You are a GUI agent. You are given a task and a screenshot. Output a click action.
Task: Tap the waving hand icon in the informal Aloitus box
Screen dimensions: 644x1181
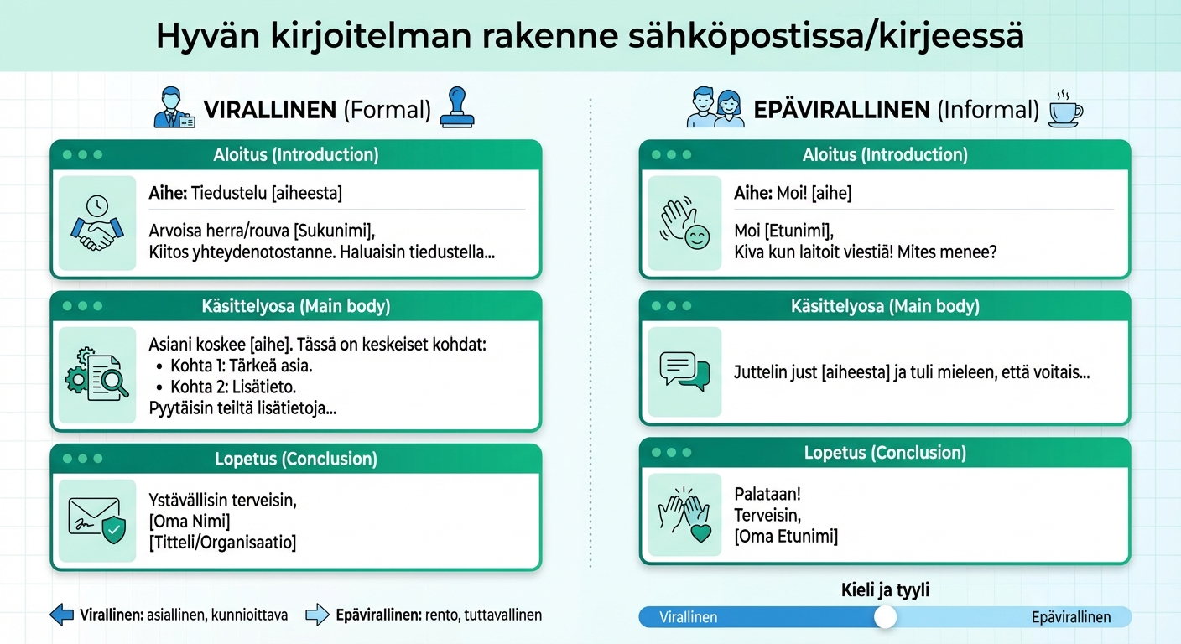[684, 223]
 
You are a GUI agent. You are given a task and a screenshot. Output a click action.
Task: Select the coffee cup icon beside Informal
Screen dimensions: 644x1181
[1065, 110]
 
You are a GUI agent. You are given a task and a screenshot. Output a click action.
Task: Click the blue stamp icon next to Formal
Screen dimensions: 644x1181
[457, 108]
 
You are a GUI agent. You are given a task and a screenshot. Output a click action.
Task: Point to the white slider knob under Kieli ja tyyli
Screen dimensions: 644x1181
[885, 617]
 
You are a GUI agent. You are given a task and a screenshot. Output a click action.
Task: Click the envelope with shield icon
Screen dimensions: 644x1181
[96, 520]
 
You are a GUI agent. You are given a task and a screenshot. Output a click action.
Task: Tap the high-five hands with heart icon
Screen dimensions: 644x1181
[684, 513]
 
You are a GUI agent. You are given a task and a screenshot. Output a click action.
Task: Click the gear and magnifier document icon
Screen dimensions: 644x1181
[96, 375]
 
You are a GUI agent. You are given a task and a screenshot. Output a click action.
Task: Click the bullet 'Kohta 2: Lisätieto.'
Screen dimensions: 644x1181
[233, 387]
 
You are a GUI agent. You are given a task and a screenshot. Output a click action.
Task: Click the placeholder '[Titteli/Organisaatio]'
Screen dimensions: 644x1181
[222, 543]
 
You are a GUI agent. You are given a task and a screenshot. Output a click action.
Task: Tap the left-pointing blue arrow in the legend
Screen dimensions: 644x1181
[62, 615]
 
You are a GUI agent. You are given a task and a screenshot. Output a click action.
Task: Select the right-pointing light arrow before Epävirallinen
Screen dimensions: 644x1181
[317, 615]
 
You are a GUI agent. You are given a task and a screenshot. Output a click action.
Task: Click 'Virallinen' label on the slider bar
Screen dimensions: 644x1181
[689, 617]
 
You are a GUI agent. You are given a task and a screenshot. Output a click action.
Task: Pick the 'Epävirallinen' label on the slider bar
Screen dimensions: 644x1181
[1070, 617]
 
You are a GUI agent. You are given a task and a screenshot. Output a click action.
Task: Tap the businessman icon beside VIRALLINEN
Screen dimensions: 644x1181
[174, 109]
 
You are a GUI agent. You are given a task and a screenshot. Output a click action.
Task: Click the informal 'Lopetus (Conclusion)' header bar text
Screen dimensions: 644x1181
[885, 453]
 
